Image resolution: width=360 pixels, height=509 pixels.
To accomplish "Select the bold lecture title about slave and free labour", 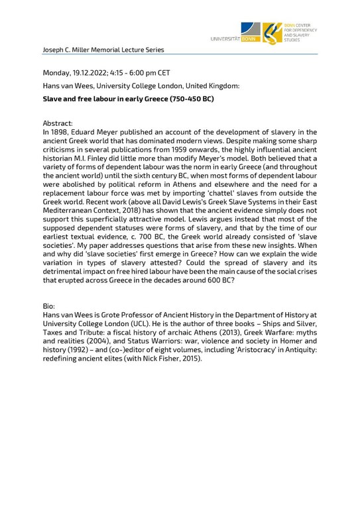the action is pos(128,99).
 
